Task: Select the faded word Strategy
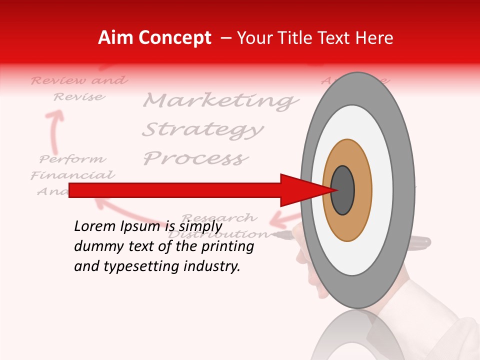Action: click(x=202, y=129)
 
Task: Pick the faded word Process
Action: click(x=195, y=158)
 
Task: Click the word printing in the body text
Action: click(x=228, y=246)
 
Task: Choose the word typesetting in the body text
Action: click(x=142, y=266)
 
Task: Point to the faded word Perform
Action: click(x=73, y=159)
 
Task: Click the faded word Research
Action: click(x=220, y=218)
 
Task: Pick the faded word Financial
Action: click(x=73, y=175)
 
